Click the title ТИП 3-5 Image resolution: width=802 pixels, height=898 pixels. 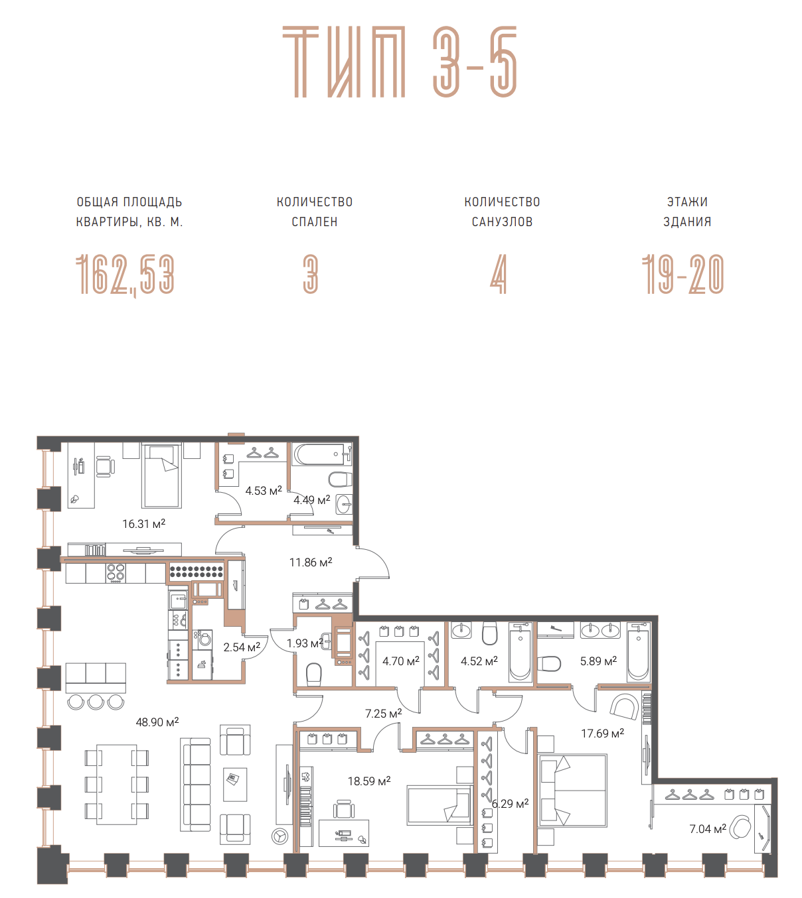pos(400,62)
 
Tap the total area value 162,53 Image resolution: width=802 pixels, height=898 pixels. pos(125,275)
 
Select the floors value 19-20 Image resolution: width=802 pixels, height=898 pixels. pos(683,275)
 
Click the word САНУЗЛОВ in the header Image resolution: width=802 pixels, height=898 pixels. pos(502,222)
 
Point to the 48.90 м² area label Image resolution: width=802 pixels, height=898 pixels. pos(157,722)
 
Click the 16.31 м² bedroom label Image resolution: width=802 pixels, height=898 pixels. pos(144,523)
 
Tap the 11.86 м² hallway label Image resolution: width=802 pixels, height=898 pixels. pos(311,562)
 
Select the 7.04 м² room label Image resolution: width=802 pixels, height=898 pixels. pos(708,828)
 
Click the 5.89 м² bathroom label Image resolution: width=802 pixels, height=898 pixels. pos(598,661)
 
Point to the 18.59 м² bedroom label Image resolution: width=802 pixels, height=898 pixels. pos(369,781)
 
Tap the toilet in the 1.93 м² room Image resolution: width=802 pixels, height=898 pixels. pos(314,674)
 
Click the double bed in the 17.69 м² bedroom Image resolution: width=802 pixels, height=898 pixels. pos(572,791)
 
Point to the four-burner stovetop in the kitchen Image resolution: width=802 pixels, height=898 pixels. pos(116,572)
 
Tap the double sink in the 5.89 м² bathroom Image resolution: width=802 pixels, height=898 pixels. pos(600,630)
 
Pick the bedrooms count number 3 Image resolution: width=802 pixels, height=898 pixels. pos(311,275)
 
